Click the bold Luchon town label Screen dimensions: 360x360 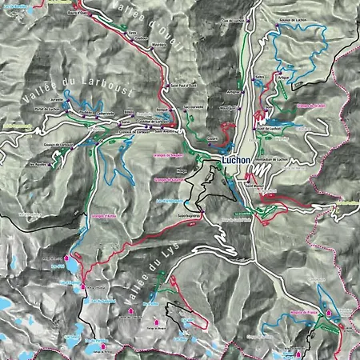coord(238,160)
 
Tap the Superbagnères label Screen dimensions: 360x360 coord(190,214)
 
